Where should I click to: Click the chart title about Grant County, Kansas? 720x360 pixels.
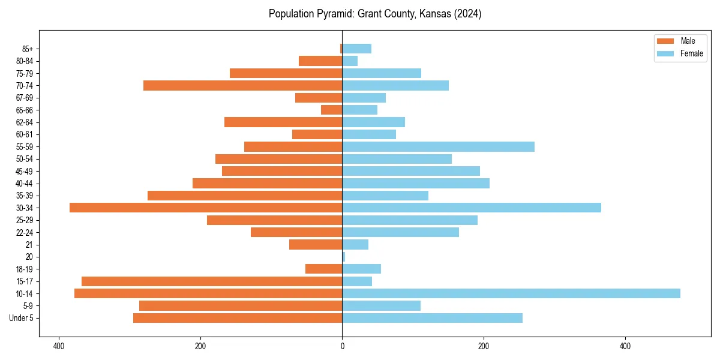tap(375, 14)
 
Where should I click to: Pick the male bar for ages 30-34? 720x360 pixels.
tap(206, 208)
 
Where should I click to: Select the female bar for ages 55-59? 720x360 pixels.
tap(438, 147)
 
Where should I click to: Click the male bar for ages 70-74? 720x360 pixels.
tap(243, 86)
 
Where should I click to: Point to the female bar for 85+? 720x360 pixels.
tap(357, 49)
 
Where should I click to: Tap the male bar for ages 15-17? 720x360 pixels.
tap(212, 281)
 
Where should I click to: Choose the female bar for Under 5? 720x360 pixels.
tap(432, 318)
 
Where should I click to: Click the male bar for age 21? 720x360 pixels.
tap(316, 245)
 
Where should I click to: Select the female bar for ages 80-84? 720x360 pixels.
tap(350, 61)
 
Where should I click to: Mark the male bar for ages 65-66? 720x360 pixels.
tap(332, 110)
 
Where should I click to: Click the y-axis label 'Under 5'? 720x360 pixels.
tap(21, 318)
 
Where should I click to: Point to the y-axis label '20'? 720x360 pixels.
tap(29, 257)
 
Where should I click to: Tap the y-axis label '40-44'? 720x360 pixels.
tap(24, 184)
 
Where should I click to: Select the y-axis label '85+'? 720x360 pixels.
tap(26, 49)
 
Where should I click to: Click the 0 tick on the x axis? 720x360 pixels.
tap(342, 346)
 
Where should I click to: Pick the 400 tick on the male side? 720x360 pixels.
tap(59, 346)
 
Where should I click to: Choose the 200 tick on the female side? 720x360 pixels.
tap(484, 346)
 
